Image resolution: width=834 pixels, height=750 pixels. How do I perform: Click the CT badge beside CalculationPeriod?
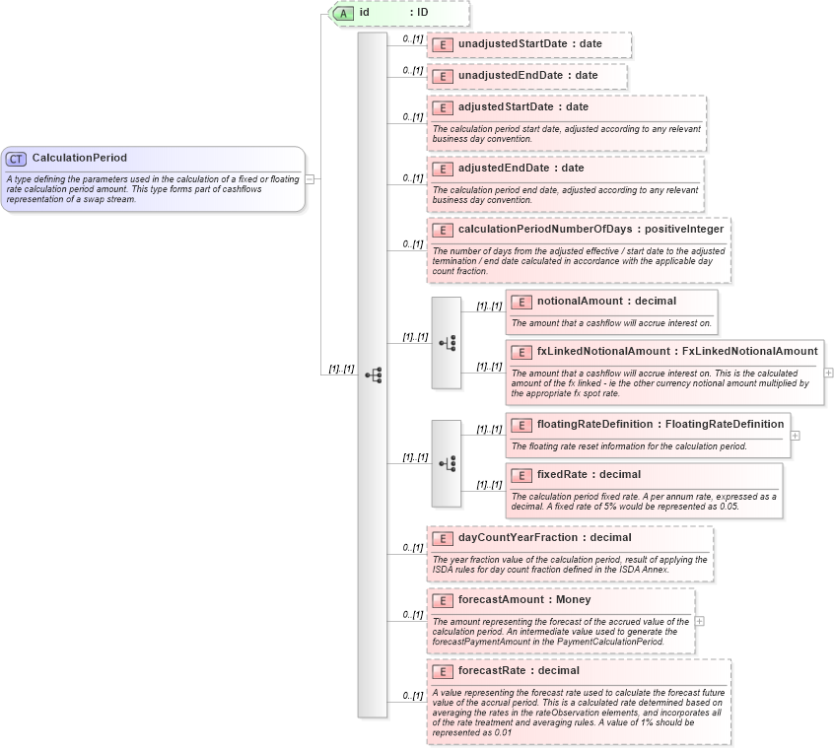click(x=16, y=158)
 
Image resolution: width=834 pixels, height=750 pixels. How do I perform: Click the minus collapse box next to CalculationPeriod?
click(x=310, y=179)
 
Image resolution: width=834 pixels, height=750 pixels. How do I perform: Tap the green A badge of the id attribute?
click(x=343, y=13)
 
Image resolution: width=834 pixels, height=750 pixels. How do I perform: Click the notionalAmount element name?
click(x=579, y=301)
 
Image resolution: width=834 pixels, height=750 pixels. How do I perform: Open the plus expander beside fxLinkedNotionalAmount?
click(x=828, y=373)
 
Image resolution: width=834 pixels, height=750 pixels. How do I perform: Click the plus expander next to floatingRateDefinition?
click(x=795, y=435)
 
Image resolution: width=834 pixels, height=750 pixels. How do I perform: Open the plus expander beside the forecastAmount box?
click(x=699, y=621)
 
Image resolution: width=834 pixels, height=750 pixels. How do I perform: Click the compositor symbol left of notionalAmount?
click(x=447, y=343)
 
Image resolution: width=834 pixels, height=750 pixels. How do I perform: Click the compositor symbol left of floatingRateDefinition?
click(x=447, y=463)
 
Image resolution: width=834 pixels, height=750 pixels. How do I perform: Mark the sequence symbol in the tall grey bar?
click(x=373, y=375)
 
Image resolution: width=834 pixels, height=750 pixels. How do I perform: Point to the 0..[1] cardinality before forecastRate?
click(x=412, y=696)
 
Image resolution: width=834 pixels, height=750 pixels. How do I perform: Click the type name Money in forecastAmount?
click(x=573, y=599)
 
